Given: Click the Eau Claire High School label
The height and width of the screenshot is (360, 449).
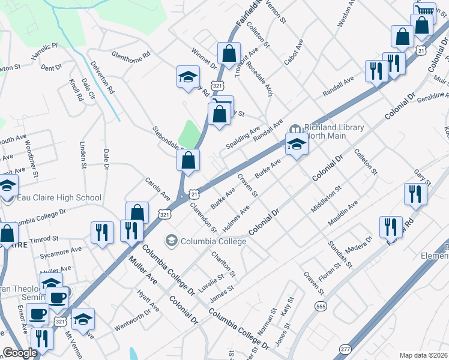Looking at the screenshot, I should [58, 197].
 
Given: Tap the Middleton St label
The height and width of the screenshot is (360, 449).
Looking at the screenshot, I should [326, 199].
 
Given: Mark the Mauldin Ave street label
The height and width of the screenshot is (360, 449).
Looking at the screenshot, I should [343, 214].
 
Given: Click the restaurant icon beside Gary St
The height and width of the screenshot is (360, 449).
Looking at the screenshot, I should [415, 193].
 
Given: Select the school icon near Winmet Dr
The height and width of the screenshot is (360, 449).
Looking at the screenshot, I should [187, 76].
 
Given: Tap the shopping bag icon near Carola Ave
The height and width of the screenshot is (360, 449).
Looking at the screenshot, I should [137, 212].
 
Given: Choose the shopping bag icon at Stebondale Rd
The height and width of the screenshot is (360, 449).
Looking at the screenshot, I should [188, 161].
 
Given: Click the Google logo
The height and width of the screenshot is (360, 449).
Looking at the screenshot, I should [20, 353].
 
